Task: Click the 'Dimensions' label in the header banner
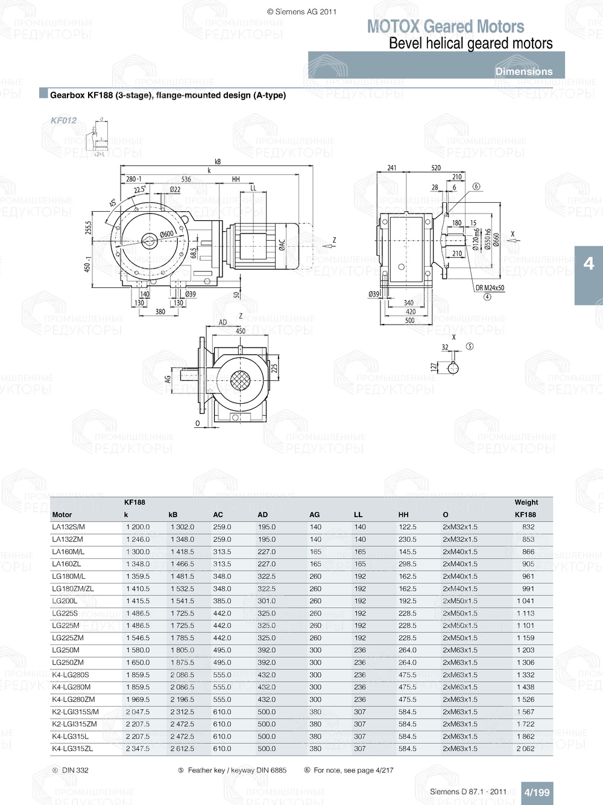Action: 523,71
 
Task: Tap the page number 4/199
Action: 537,792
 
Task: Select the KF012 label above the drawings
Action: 63,121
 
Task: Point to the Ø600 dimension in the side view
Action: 167,234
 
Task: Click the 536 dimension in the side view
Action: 186,179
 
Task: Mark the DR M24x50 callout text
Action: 490,288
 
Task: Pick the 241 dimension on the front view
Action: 392,168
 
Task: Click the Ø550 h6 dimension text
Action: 488,240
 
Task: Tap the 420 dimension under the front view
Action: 410,312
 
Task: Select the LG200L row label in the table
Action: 65,601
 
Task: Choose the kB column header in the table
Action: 173,515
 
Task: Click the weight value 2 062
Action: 525,749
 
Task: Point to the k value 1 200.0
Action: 138,527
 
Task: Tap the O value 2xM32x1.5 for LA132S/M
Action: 460,527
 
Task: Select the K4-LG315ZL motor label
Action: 72,749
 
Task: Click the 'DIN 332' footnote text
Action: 75,771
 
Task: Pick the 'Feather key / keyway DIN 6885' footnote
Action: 237,771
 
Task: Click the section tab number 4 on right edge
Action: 589,264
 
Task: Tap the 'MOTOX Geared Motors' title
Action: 446,27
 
